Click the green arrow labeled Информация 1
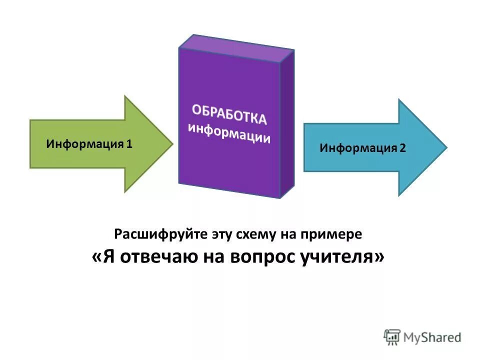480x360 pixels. coord(100,144)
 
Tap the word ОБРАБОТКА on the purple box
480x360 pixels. coord(228,113)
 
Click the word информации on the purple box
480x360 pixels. coord(229,132)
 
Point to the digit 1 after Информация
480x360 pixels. coord(129,144)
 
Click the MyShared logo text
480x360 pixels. coord(433,337)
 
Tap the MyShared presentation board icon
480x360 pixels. coord(392,336)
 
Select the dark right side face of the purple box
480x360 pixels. coord(287,122)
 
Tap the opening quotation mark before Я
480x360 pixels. coord(98,257)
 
